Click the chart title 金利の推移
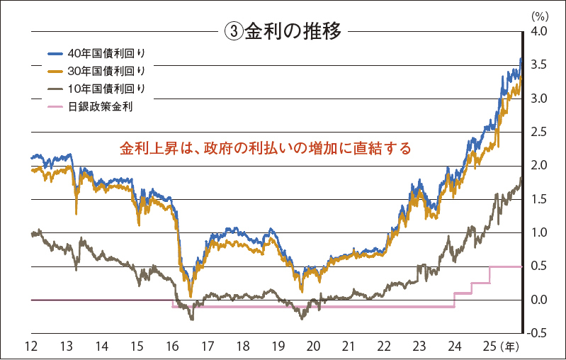[293, 31]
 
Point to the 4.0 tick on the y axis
[538, 31]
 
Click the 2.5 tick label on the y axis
[538, 132]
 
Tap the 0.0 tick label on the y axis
[538, 300]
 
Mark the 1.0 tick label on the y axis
[538, 233]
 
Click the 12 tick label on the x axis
[30, 347]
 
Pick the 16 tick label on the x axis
[171, 347]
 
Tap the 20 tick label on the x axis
[312, 347]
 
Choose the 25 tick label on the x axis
[489, 347]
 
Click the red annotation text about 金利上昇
[265, 150]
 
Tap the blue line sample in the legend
[55, 54]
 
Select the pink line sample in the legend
[55, 106]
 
